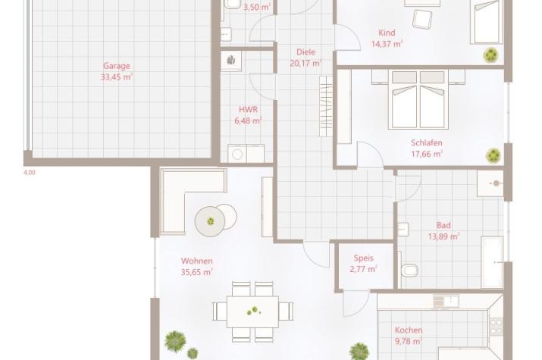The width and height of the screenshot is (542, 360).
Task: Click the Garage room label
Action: click(x=117, y=66)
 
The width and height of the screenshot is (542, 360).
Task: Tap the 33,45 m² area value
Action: click(x=117, y=77)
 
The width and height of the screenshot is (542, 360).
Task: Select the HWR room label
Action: click(x=248, y=110)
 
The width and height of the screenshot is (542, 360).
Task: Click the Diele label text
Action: click(x=306, y=52)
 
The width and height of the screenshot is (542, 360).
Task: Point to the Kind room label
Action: click(x=387, y=33)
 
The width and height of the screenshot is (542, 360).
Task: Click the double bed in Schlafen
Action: click(x=418, y=99)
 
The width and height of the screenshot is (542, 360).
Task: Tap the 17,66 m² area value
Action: click(x=427, y=154)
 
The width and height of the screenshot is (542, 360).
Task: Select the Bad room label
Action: click(x=443, y=225)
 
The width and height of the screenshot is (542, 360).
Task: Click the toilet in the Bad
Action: click(x=409, y=271)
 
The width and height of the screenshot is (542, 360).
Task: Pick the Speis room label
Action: click(x=364, y=258)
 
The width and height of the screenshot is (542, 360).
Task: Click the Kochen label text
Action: click(x=409, y=330)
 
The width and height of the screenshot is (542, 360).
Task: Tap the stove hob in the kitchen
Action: click(x=496, y=326)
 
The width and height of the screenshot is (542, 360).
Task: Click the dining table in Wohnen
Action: click(x=252, y=312)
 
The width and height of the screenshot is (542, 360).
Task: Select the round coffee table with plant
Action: click(x=210, y=221)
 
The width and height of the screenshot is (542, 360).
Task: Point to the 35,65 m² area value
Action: click(x=196, y=272)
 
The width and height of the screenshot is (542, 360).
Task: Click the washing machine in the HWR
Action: click(x=237, y=154)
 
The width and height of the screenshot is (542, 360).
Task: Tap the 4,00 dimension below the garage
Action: click(x=30, y=172)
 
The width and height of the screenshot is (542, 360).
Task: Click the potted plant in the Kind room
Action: click(x=490, y=55)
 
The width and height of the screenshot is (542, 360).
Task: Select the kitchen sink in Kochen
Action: click(x=446, y=301)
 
